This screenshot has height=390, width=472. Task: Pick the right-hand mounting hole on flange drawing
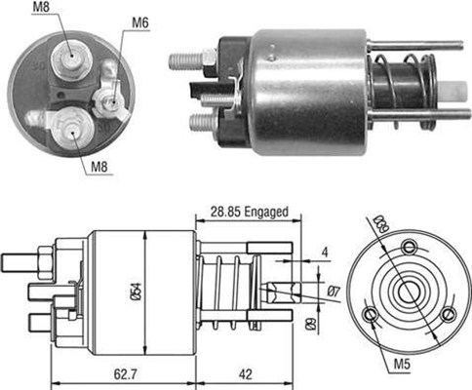pyautogui.click(x=448, y=313)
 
